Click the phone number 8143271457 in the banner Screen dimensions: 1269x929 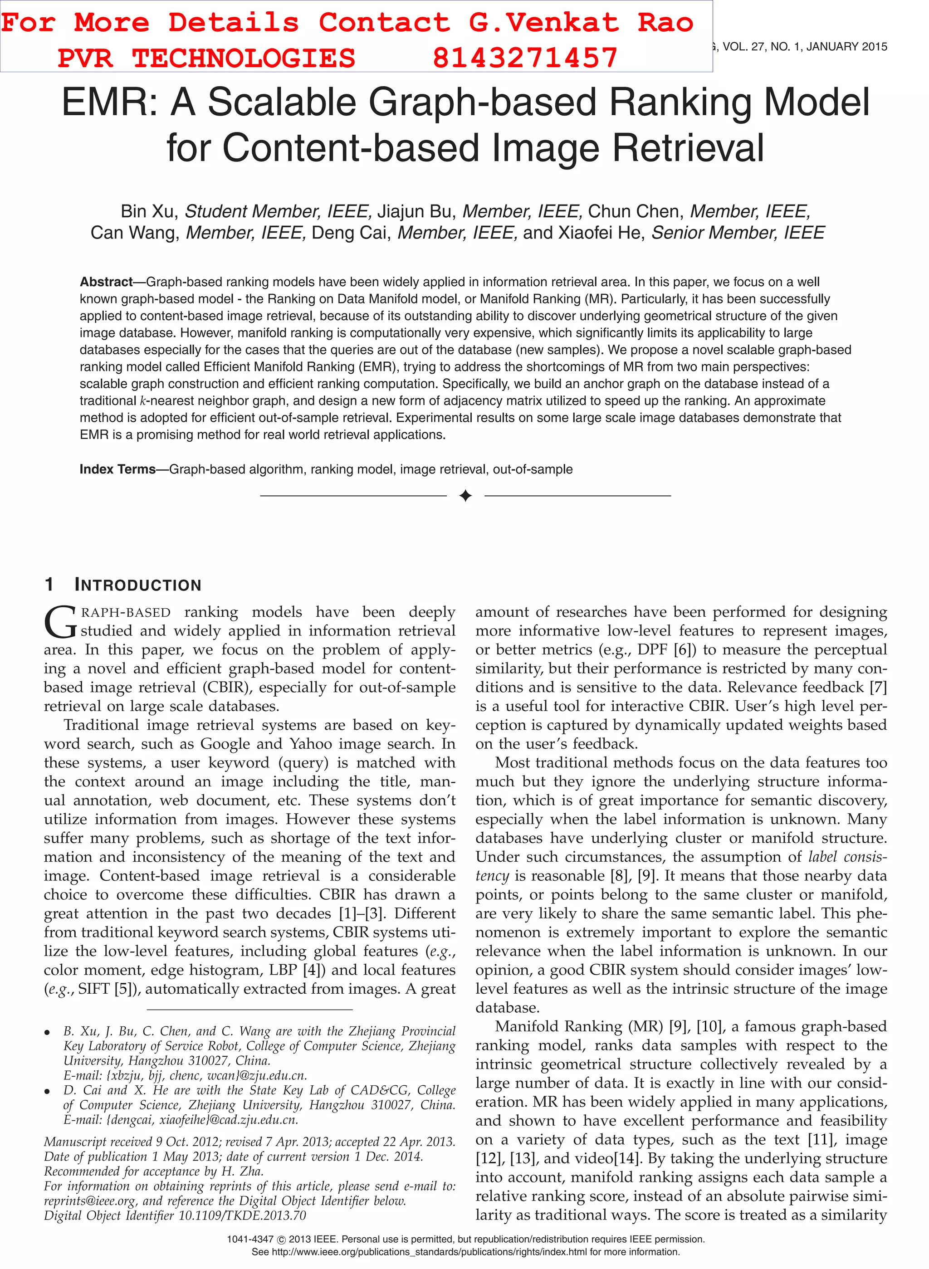pos(525,58)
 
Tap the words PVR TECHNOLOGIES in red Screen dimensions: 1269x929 pos(206,58)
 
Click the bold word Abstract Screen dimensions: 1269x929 pos(106,282)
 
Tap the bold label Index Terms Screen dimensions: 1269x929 pos(117,469)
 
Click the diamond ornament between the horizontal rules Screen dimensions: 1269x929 pos(465,495)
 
